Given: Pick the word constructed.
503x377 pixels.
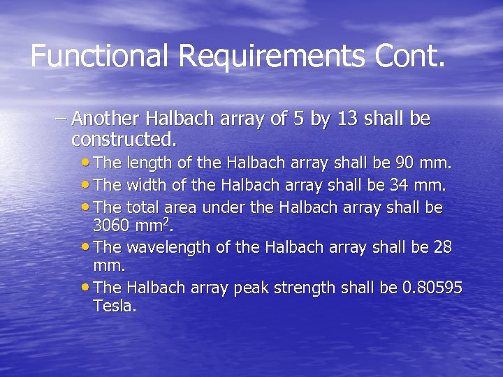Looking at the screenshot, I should pos(124,139).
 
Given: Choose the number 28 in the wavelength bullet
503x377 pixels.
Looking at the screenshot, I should pos(442,247).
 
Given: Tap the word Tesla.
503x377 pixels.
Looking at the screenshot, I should pos(114,306).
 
